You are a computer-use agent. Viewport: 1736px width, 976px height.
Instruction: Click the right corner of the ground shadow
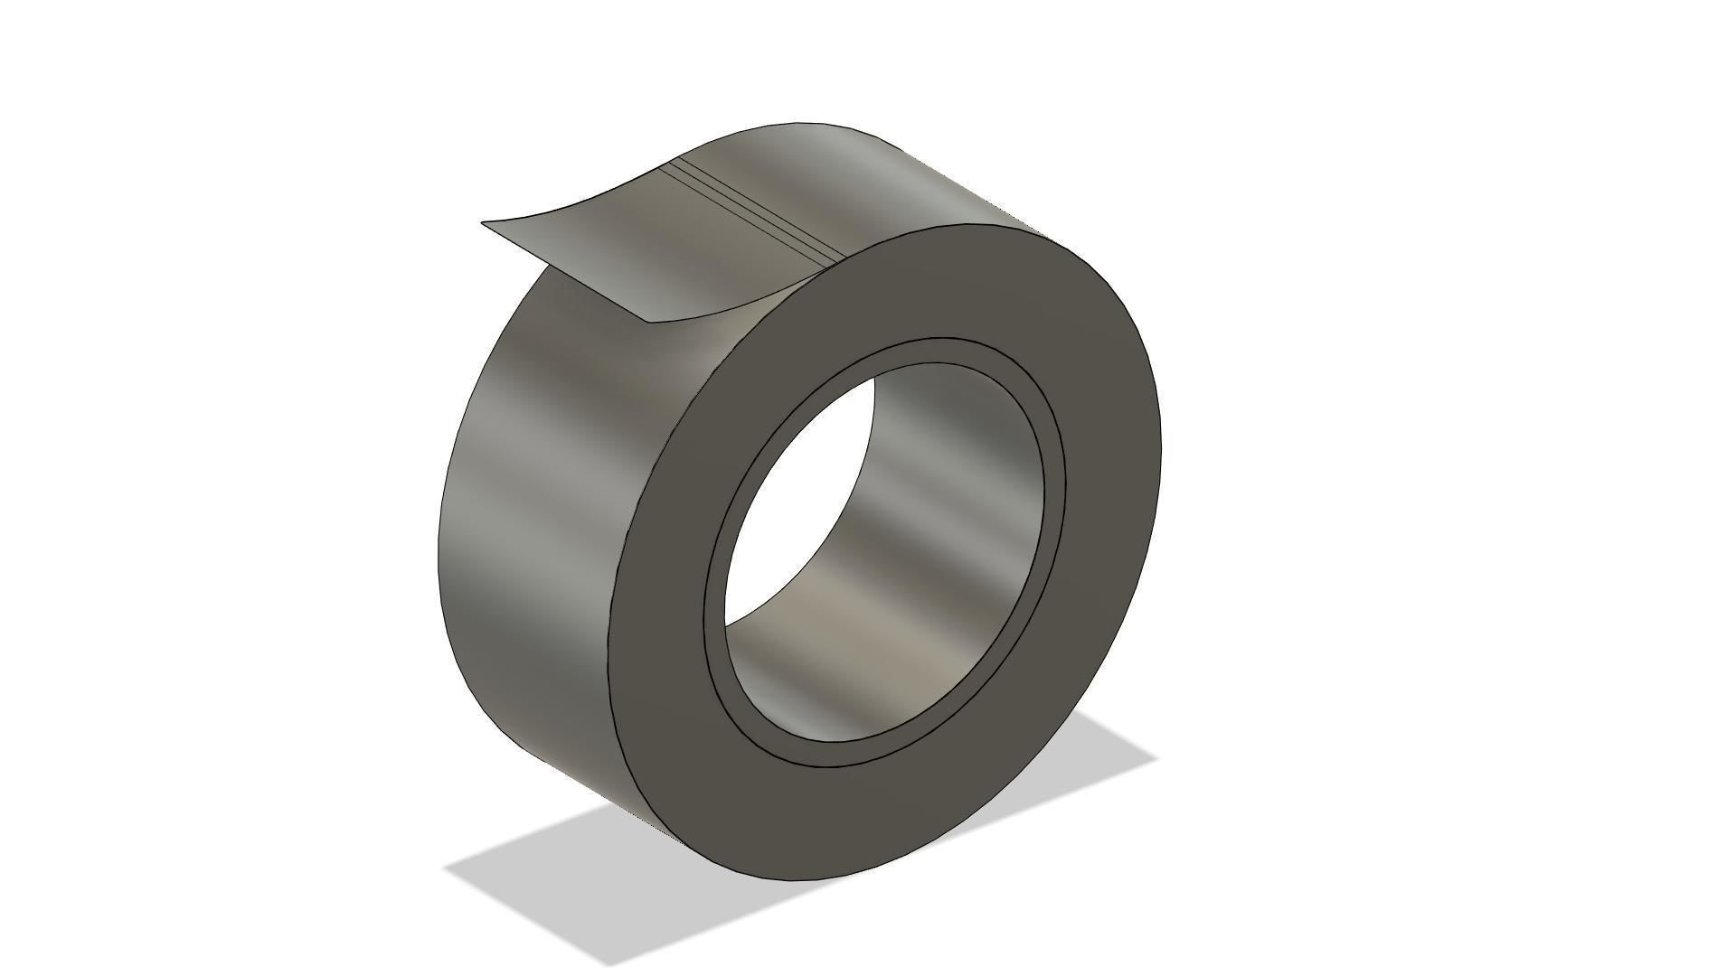[x=1156, y=759]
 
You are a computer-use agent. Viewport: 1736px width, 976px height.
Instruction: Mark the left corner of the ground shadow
[x=445, y=868]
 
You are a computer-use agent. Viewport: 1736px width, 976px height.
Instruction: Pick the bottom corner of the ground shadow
[x=608, y=965]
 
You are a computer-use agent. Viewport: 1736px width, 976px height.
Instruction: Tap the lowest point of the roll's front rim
[x=796, y=881]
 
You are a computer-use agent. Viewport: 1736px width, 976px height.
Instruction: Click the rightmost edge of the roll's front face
[x=1159, y=452]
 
